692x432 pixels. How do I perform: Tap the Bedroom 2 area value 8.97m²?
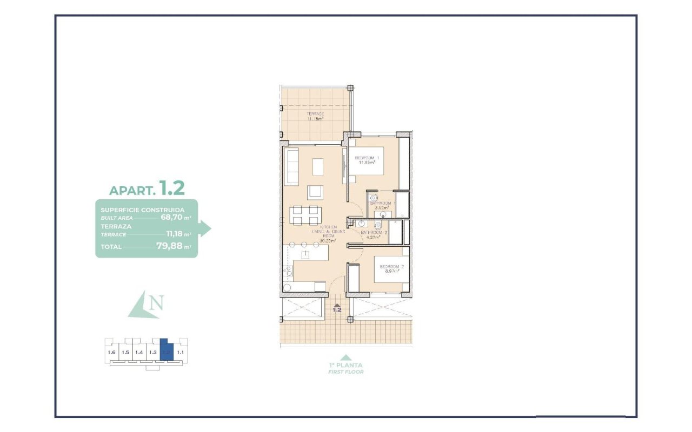pos(390,272)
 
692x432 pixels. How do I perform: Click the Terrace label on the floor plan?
pos(315,114)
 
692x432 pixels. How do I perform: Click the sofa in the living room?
pos(291,167)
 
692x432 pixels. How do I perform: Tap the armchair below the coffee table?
pos(315,193)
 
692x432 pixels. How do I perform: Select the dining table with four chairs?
pos(305,215)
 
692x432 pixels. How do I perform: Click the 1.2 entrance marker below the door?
pos(337,309)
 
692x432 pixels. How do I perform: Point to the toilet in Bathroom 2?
pos(378,225)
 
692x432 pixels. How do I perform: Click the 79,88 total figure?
pos(169,247)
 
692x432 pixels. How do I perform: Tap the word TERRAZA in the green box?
pos(116,226)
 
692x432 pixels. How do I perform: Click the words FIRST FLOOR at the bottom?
pos(345,372)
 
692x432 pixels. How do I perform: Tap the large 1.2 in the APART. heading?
pos(172,188)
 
